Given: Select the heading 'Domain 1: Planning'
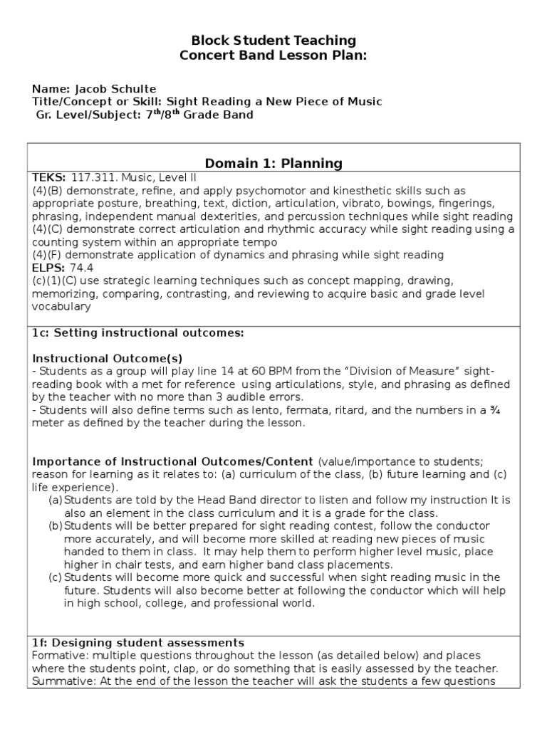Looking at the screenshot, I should (x=274, y=164).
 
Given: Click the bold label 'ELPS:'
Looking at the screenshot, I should (x=47, y=268).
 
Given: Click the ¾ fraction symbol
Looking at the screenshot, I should (x=504, y=409).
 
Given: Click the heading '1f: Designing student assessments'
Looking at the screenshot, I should (x=138, y=643).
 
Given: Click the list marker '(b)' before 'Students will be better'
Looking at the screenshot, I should (x=56, y=526).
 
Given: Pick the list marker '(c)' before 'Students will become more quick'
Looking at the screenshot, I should (x=56, y=577).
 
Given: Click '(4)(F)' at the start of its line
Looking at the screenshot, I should (x=47, y=255).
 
